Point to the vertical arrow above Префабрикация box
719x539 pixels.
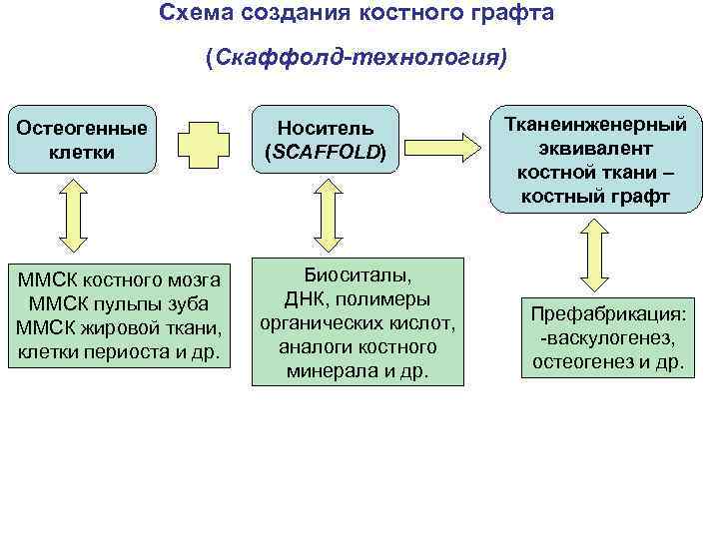(596, 254)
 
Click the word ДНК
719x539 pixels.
(307, 299)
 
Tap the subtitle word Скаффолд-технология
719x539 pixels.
(357, 58)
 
